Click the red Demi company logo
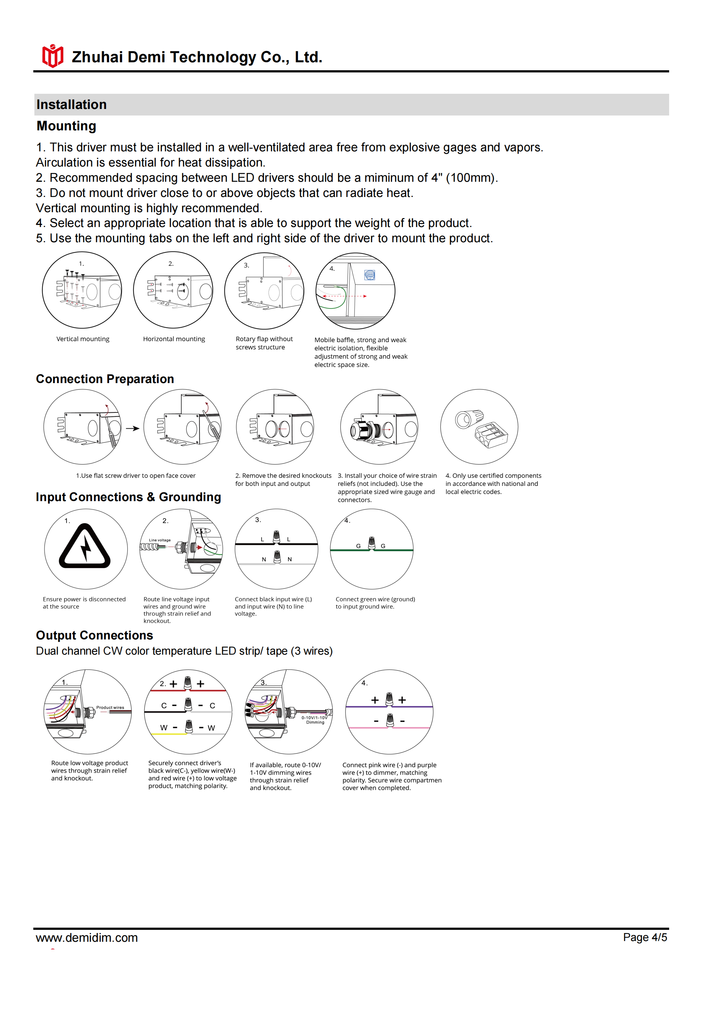point(52,56)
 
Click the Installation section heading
point(72,105)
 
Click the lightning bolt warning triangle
point(85,547)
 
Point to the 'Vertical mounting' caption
point(83,339)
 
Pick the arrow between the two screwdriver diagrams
point(132,428)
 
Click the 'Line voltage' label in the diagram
point(160,540)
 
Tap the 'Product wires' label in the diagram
point(110,707)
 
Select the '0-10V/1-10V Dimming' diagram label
point(314,719)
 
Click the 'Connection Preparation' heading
point(105,379)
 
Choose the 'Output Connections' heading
point(94,635)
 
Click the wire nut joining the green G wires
point(372,543)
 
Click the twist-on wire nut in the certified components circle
point(469,418)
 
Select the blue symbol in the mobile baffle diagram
point(369,275)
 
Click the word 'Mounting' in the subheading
point(66,126)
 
